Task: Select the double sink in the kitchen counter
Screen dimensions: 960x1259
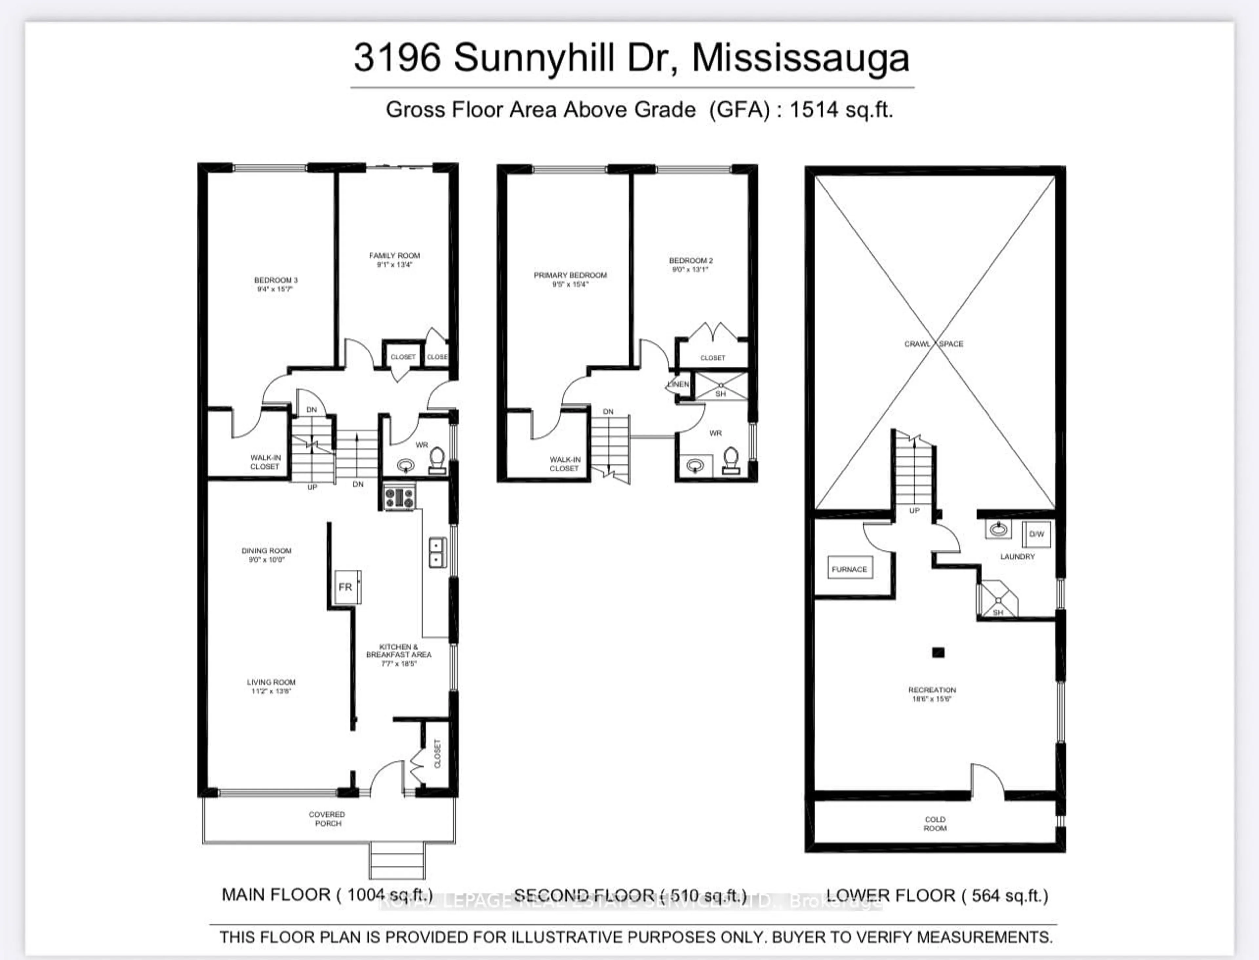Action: [x=437, y=552]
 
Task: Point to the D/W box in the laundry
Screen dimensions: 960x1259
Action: [x=1036, y=534]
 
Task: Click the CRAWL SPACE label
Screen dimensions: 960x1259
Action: [x=934, y=343]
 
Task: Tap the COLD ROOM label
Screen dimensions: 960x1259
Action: [x=935, y=823]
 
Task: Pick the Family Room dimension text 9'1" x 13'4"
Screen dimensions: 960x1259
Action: [x=394, y=265]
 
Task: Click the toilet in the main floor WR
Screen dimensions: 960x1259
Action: [x=437, y=461]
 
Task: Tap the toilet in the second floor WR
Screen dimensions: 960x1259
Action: [x=731, y=461]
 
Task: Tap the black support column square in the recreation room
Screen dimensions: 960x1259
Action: [x=938, y=652]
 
